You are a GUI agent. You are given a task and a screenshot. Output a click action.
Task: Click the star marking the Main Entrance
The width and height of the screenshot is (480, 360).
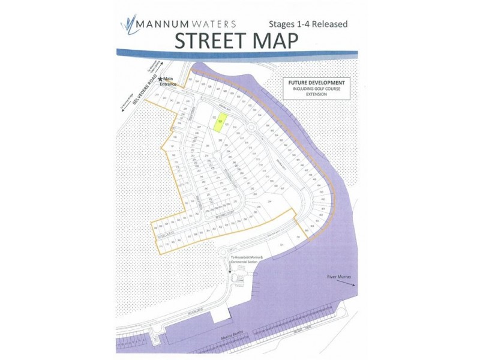click(161, 79)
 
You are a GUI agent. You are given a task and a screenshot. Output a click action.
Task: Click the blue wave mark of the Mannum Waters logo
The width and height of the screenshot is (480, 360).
click(128, 25)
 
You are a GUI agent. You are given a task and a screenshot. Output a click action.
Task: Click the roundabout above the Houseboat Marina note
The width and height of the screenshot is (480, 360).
click(224, 250)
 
